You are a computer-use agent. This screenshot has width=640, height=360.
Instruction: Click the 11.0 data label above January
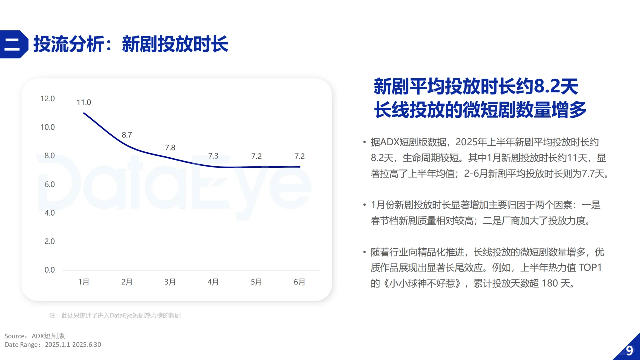click(84, 102)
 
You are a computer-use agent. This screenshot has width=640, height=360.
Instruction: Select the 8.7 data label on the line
click(127, 135)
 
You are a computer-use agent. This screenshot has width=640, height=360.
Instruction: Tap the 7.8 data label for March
click(170, 147)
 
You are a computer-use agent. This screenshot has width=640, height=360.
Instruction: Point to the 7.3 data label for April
click(213, 156)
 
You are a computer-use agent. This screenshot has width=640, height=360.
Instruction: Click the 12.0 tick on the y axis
click(47, 99)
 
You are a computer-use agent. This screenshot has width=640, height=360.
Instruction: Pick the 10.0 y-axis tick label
click(47, 127)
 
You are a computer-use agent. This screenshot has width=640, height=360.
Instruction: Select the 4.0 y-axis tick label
click(49, 213)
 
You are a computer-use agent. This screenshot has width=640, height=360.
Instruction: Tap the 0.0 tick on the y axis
click(49, 270)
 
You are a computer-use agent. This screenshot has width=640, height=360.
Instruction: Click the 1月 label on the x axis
click(84, 282)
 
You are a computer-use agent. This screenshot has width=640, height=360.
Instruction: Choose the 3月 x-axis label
click(170, 282)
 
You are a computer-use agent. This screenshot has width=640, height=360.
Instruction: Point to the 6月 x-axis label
click(299, 282)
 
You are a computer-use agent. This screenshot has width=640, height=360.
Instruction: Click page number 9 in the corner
click(629, 351)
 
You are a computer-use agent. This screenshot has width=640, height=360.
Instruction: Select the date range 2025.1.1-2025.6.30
click(73, 345)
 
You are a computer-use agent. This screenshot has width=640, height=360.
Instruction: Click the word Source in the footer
click(15, 336)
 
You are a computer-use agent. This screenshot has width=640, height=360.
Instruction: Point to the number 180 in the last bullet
click(550, 283)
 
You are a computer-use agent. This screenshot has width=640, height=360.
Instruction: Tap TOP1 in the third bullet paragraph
click(590, 267)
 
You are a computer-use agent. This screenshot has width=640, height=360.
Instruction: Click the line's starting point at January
click(84, 113)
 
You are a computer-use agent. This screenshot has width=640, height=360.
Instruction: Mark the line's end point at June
click(300, 167)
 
